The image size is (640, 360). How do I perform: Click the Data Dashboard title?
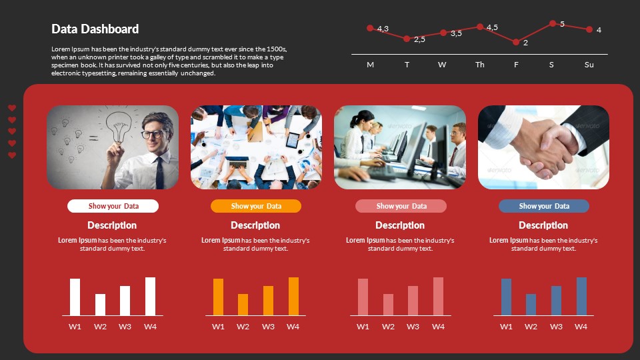coord(95,29)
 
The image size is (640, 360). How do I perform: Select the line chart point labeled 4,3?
coord(370,28)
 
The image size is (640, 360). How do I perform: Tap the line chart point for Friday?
coord(516,42)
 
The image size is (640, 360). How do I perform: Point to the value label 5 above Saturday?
coord(562,24)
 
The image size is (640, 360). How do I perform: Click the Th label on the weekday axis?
coord(480,65)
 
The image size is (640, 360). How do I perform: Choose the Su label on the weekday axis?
coord(589,65)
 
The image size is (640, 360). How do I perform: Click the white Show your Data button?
coord(113,206)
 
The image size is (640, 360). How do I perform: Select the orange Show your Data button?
coord(256,206)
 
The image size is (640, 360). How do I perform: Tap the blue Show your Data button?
coord(544,206)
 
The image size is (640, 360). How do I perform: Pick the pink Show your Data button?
coord(400,206)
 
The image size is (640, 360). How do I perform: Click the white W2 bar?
coord(100,305)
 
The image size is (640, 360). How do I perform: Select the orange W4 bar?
coord(293,297)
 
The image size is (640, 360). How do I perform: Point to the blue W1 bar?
coord(506,297)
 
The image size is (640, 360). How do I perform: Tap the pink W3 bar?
coord(413,301)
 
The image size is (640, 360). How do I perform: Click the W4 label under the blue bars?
coord(581,327)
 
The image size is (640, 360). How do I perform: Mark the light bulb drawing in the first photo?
coord(120,126)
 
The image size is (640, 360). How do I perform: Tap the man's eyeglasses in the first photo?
coord(152,134)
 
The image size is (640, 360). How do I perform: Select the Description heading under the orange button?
coord(255,225)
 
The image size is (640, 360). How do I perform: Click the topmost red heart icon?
coord(12,108)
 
